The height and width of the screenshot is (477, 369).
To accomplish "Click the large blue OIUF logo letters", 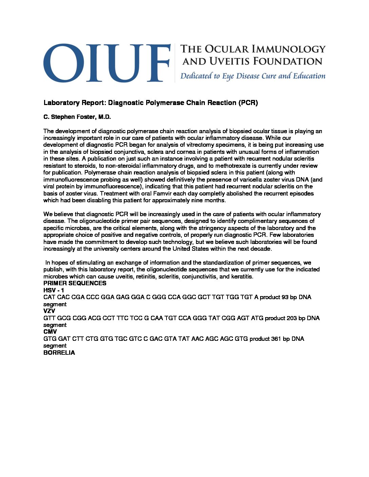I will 106,63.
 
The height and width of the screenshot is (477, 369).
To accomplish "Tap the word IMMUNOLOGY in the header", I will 292,49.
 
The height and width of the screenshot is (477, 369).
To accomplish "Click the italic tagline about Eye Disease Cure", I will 253,76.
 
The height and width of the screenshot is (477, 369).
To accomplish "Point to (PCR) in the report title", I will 248,103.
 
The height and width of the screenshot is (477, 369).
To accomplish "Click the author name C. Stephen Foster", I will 77,117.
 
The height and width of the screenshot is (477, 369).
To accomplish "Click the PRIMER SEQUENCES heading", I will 75,283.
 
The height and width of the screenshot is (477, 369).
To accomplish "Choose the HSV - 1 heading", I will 54,290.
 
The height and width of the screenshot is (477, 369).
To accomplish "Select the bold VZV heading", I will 49,311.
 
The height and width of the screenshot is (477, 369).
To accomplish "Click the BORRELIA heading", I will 59,353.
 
